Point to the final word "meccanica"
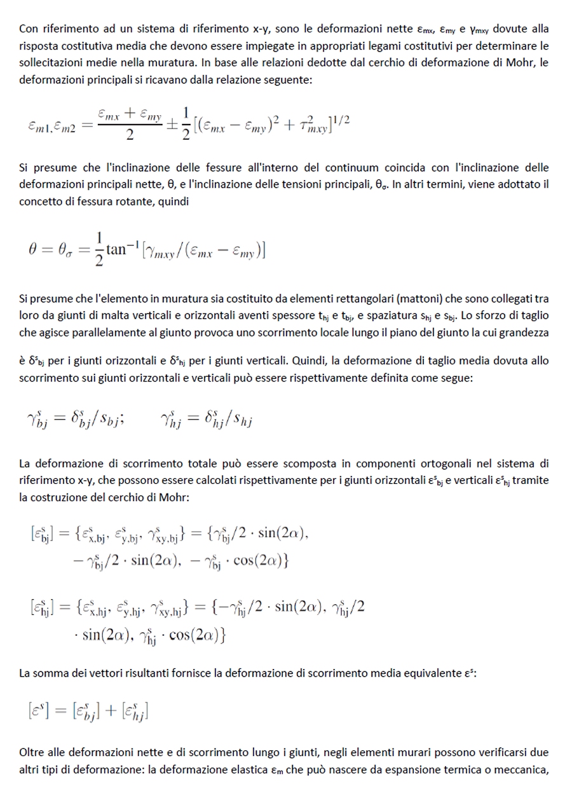(524, 770)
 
